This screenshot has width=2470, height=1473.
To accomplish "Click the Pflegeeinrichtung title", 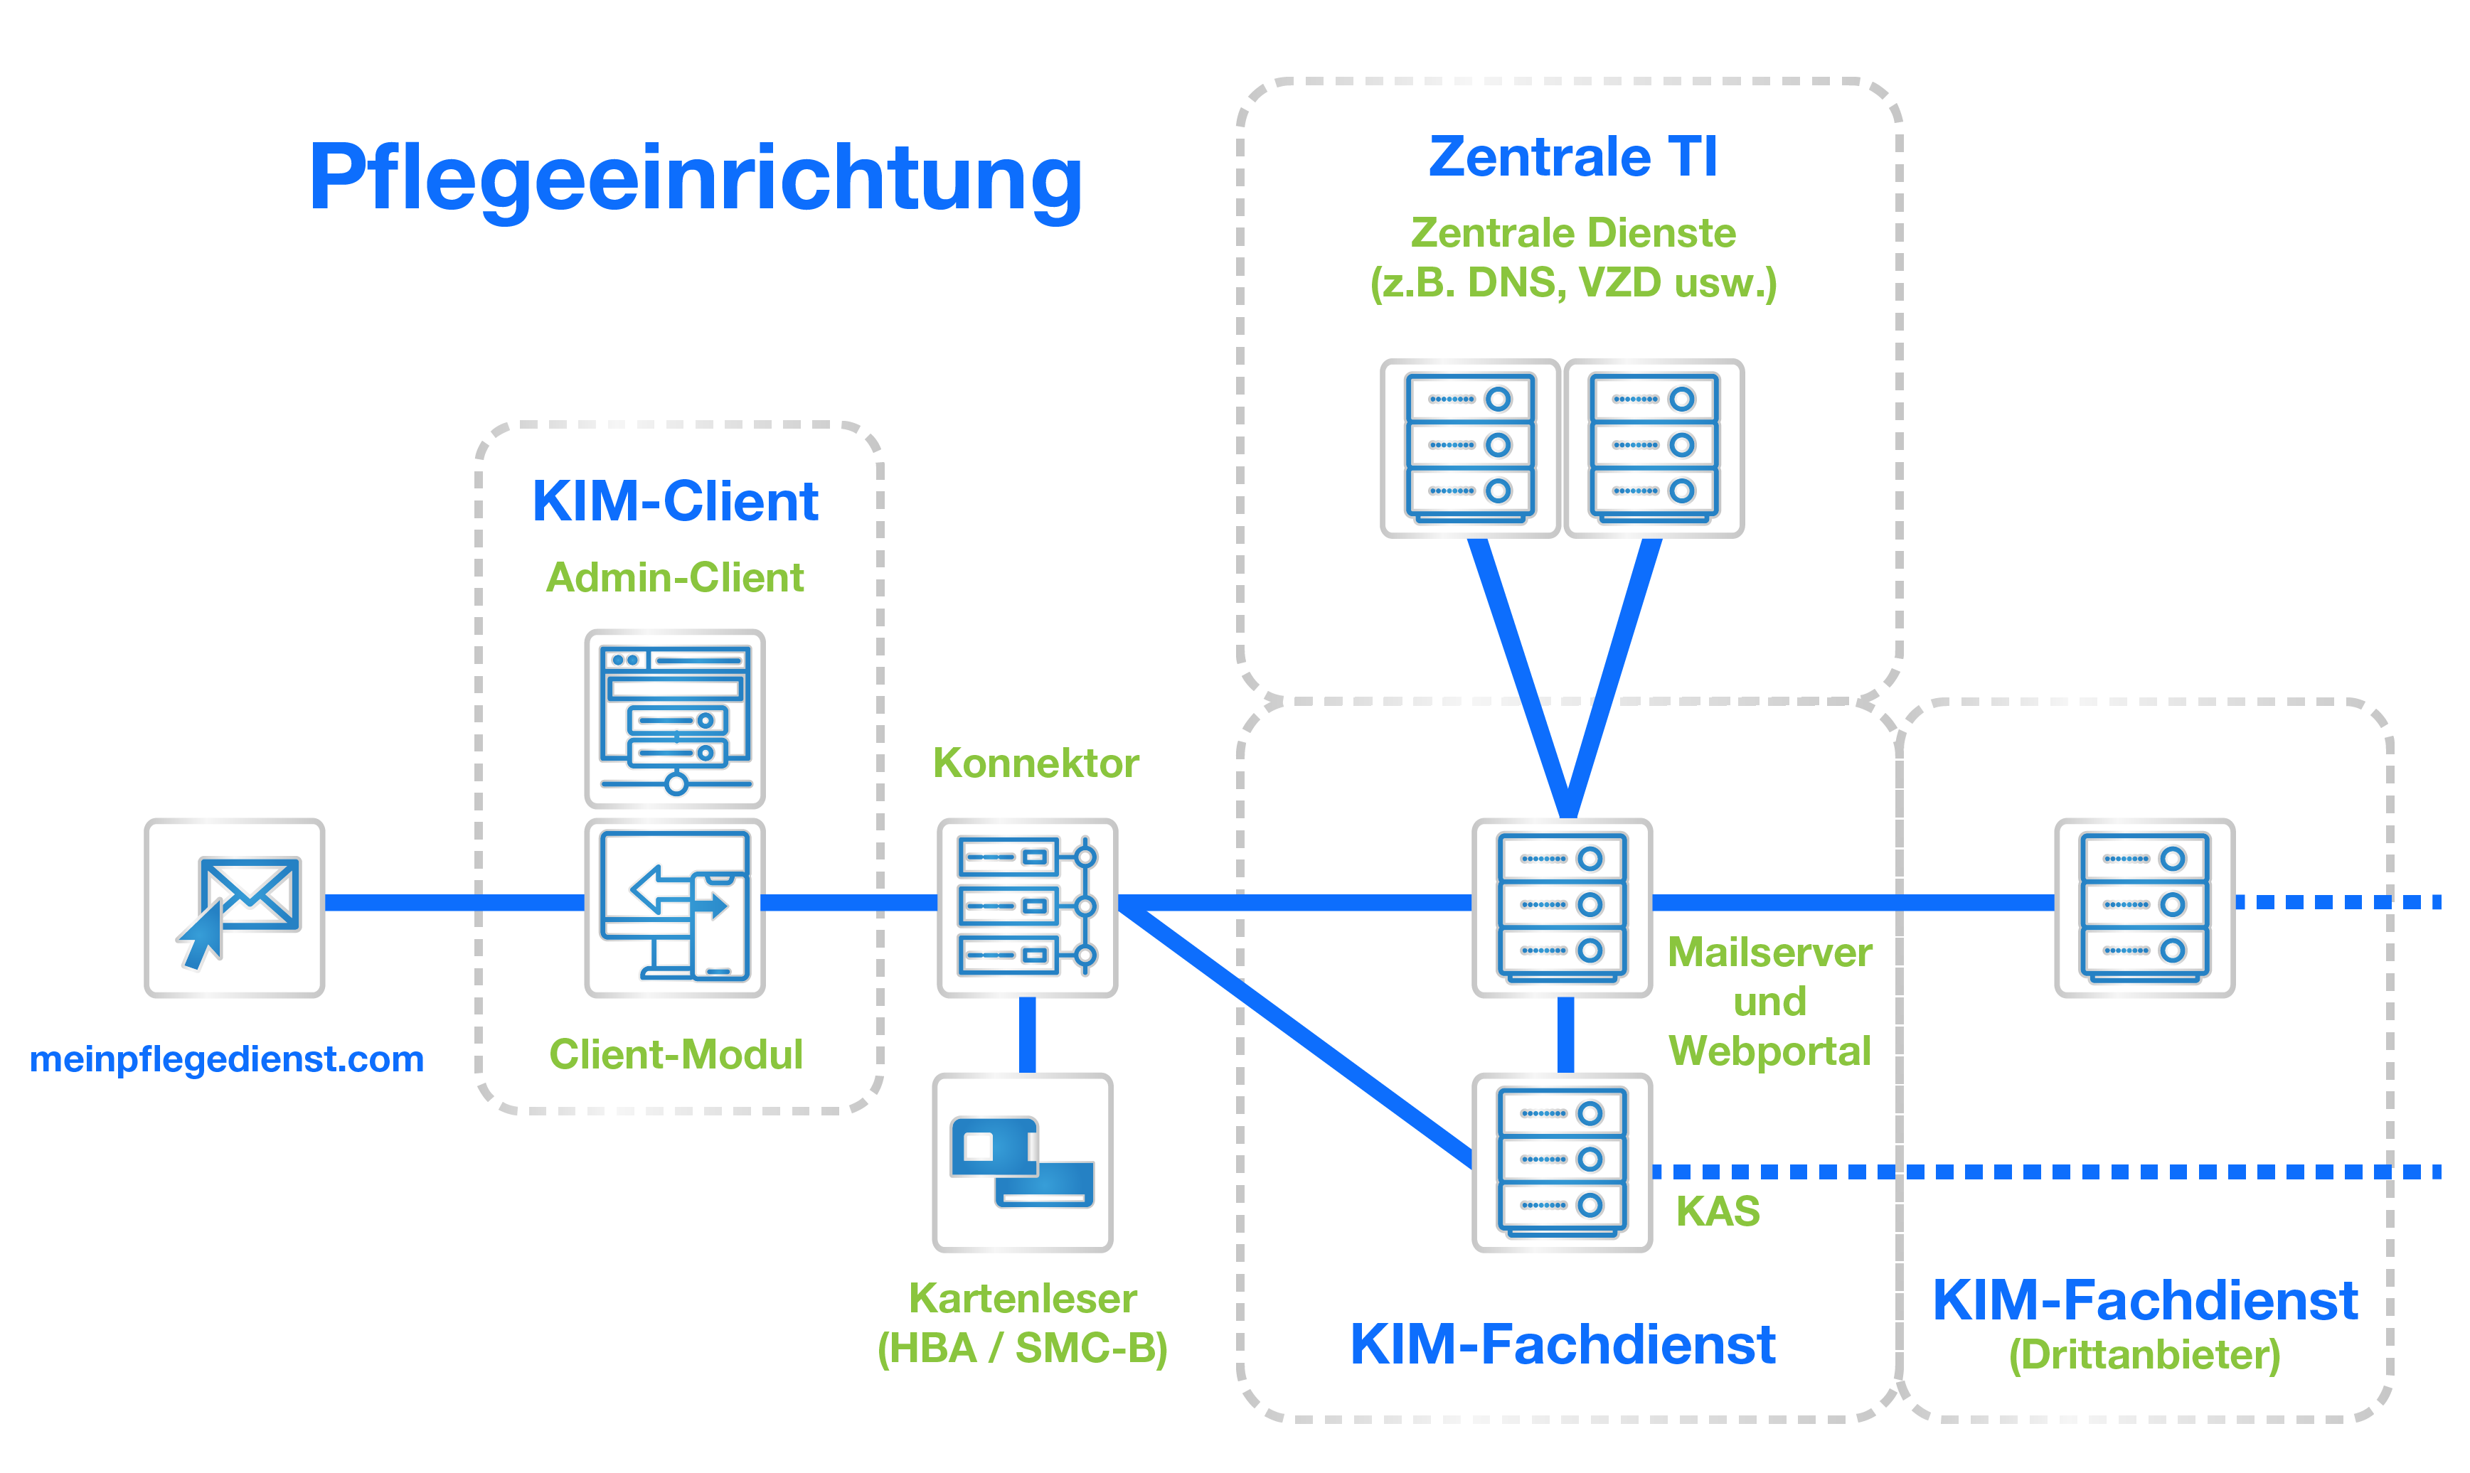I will (x=695, y=178).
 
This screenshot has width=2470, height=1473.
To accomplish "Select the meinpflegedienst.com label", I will (x=226, y=1059).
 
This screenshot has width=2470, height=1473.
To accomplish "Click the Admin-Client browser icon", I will (x=675, y=717).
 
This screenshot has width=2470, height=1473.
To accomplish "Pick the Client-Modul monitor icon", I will (x=675, y=907).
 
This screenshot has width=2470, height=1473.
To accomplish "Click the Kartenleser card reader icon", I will (x=1023, y=1162).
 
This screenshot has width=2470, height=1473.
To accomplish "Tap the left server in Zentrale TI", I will (x=1470, y=448).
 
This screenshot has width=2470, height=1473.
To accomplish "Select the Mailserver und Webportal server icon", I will (x=1563, y=907).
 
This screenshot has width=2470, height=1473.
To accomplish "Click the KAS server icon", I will (x=1563, y=1162).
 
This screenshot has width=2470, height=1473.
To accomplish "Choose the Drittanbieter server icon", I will (x=2144, y=907).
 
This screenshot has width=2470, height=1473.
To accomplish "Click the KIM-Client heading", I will (x=675, y=501).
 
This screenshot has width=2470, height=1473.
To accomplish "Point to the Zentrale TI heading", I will (x=1572, y=157).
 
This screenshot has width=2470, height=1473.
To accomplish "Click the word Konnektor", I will (x=1036, y=764).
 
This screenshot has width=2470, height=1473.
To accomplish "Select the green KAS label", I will (x=1718, y=1211).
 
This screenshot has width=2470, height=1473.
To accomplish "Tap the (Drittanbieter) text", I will (x=2144, y=1355).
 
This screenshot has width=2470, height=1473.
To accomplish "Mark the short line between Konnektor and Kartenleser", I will (x=1028, y=1034).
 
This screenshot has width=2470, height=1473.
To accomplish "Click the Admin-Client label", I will (x=675, y=578).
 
